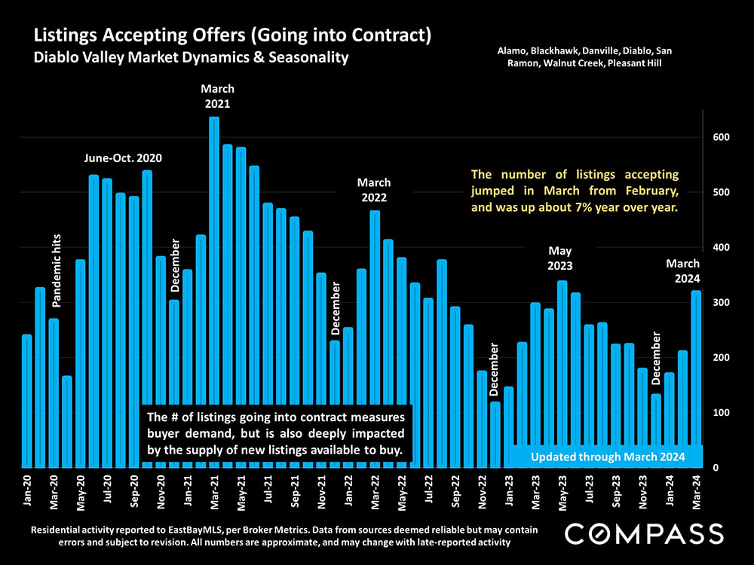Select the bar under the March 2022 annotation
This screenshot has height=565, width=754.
point(375,339)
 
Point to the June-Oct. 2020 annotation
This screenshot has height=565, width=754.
point(122,158)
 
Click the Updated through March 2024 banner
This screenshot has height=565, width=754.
point(608,457)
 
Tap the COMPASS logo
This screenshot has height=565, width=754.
point(644,534)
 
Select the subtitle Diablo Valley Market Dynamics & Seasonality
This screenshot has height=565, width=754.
point(190,57)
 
